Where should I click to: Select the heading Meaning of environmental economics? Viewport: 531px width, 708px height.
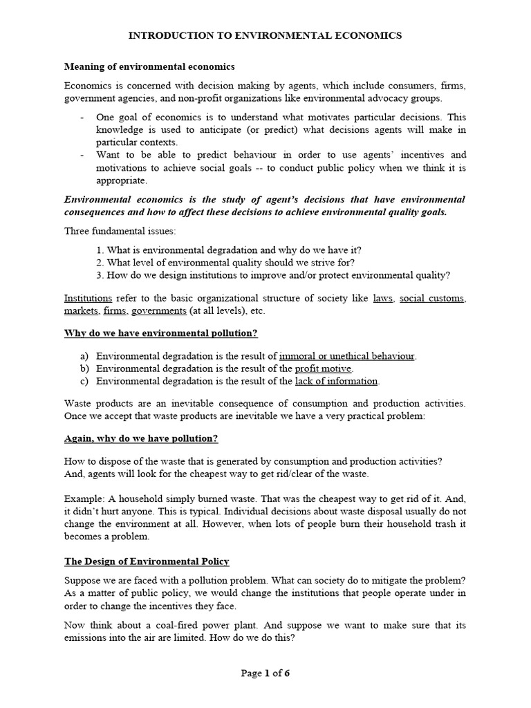[149, 67]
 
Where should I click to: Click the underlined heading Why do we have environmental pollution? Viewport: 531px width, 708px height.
[160, 334]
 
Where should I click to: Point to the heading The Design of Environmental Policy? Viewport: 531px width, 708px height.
[147, 561]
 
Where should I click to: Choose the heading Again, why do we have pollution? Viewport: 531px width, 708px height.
[141, 438]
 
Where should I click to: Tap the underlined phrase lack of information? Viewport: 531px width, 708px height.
[336, 381]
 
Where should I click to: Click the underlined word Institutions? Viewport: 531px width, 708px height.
[88, 299]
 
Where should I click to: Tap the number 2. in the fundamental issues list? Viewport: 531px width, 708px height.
[100, 263]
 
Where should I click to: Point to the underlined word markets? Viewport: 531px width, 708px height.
[82, 311]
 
